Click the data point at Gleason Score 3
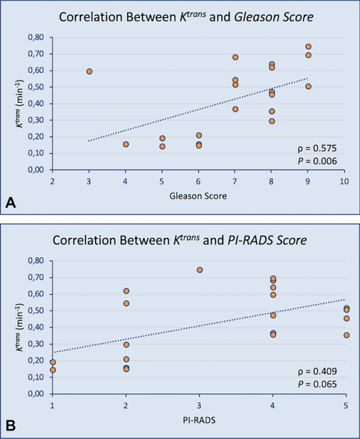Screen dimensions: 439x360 (x=89, y=72)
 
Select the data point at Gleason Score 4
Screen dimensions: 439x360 (x=126, y=144)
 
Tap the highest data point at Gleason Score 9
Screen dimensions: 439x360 (x=308, y=47)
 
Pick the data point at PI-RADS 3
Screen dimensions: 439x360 (x=199, y=270)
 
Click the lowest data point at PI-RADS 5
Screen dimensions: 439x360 (x=346, y=335)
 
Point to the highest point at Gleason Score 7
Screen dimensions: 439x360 (x=235, y=57)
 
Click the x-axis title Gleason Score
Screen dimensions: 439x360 (x=198, y=197)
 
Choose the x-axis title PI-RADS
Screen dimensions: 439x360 (x=199, y=420)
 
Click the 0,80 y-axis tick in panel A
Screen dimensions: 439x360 (x=38, y=37)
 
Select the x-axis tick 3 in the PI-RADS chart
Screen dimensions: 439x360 (x=199, y=405)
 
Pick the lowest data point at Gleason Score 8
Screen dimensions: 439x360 (x=272, y=121)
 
